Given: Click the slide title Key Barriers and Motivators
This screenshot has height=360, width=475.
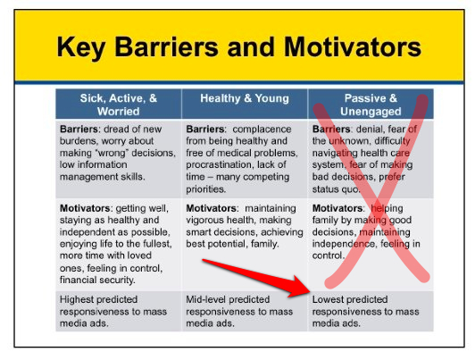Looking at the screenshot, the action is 238,47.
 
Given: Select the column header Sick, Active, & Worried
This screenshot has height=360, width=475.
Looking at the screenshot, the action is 119,105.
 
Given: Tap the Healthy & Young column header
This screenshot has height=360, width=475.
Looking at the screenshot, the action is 245,98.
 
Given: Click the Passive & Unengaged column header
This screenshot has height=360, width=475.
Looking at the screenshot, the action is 371,105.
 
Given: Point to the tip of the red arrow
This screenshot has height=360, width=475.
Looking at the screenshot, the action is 310,291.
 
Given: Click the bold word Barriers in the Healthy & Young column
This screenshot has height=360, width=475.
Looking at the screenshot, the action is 205,130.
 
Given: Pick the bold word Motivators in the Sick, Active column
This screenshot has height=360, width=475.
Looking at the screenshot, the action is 86,208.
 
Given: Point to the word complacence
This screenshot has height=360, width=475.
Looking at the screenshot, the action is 262,130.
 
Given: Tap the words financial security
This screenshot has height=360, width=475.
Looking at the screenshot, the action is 97,280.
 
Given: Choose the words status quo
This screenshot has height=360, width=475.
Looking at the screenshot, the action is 336,189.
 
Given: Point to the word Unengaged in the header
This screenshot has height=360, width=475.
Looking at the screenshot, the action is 371,111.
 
